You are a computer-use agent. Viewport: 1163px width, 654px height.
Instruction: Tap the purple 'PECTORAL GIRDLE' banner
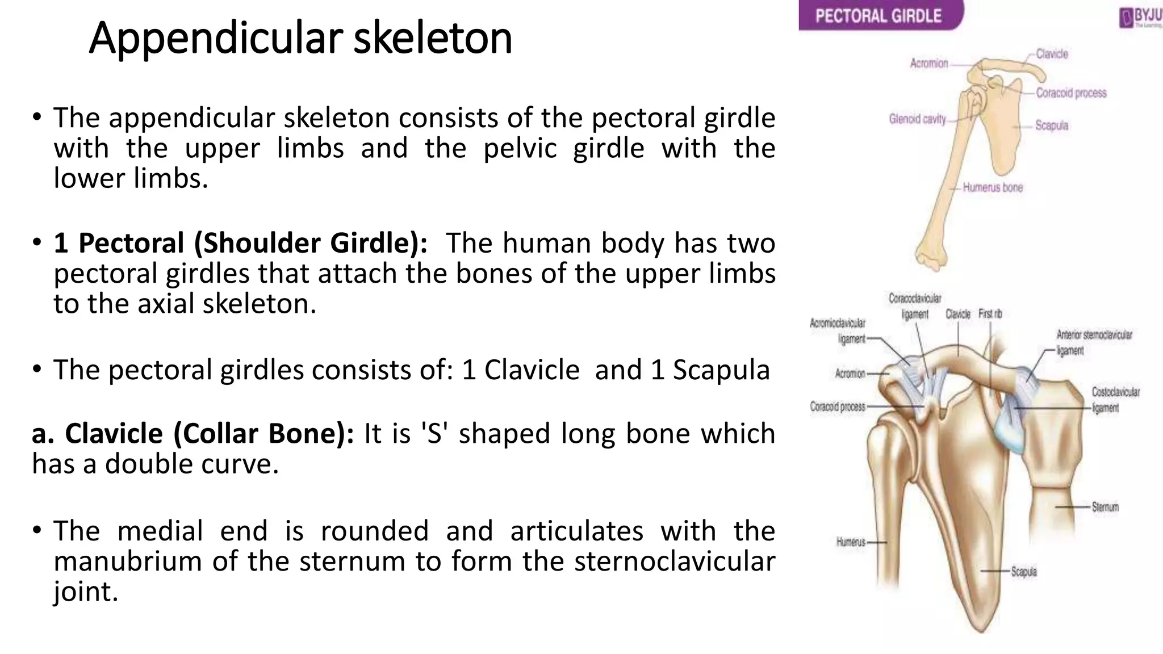(x=878, y=15)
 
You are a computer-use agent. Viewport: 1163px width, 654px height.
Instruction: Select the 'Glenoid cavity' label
(x=917, y=119)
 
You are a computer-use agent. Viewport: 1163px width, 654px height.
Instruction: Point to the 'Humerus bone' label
(x=993, y=187)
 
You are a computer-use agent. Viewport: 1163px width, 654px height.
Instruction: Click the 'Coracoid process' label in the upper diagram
(x=1071, y=93)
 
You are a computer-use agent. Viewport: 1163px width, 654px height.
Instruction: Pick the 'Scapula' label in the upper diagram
(x=1051, y=125)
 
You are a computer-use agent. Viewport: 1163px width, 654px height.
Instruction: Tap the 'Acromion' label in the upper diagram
(x=929, y=63)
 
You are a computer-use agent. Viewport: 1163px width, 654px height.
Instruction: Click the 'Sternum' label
(x=1105, y=507)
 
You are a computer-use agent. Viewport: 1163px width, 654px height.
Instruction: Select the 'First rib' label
(x=990, y=314)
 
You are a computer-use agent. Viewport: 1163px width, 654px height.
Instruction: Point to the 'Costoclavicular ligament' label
(x=1115, y=400)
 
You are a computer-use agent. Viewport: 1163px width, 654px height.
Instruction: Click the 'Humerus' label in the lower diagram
(x=851, y=542)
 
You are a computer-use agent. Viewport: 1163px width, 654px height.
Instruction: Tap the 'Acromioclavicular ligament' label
(x=838, y=330)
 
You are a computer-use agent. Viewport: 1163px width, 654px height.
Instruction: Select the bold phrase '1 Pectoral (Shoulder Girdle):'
(x=241, y=243)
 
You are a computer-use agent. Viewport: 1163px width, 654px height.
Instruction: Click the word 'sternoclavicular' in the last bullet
(x=675, y=561)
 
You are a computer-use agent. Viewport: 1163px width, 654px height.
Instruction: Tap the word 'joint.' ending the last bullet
(x=86, y=592)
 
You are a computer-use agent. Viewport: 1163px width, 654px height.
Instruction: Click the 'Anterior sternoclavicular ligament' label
(x=1094, y=342)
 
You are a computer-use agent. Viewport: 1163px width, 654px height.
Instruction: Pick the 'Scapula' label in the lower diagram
(x=1023, y=572)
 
